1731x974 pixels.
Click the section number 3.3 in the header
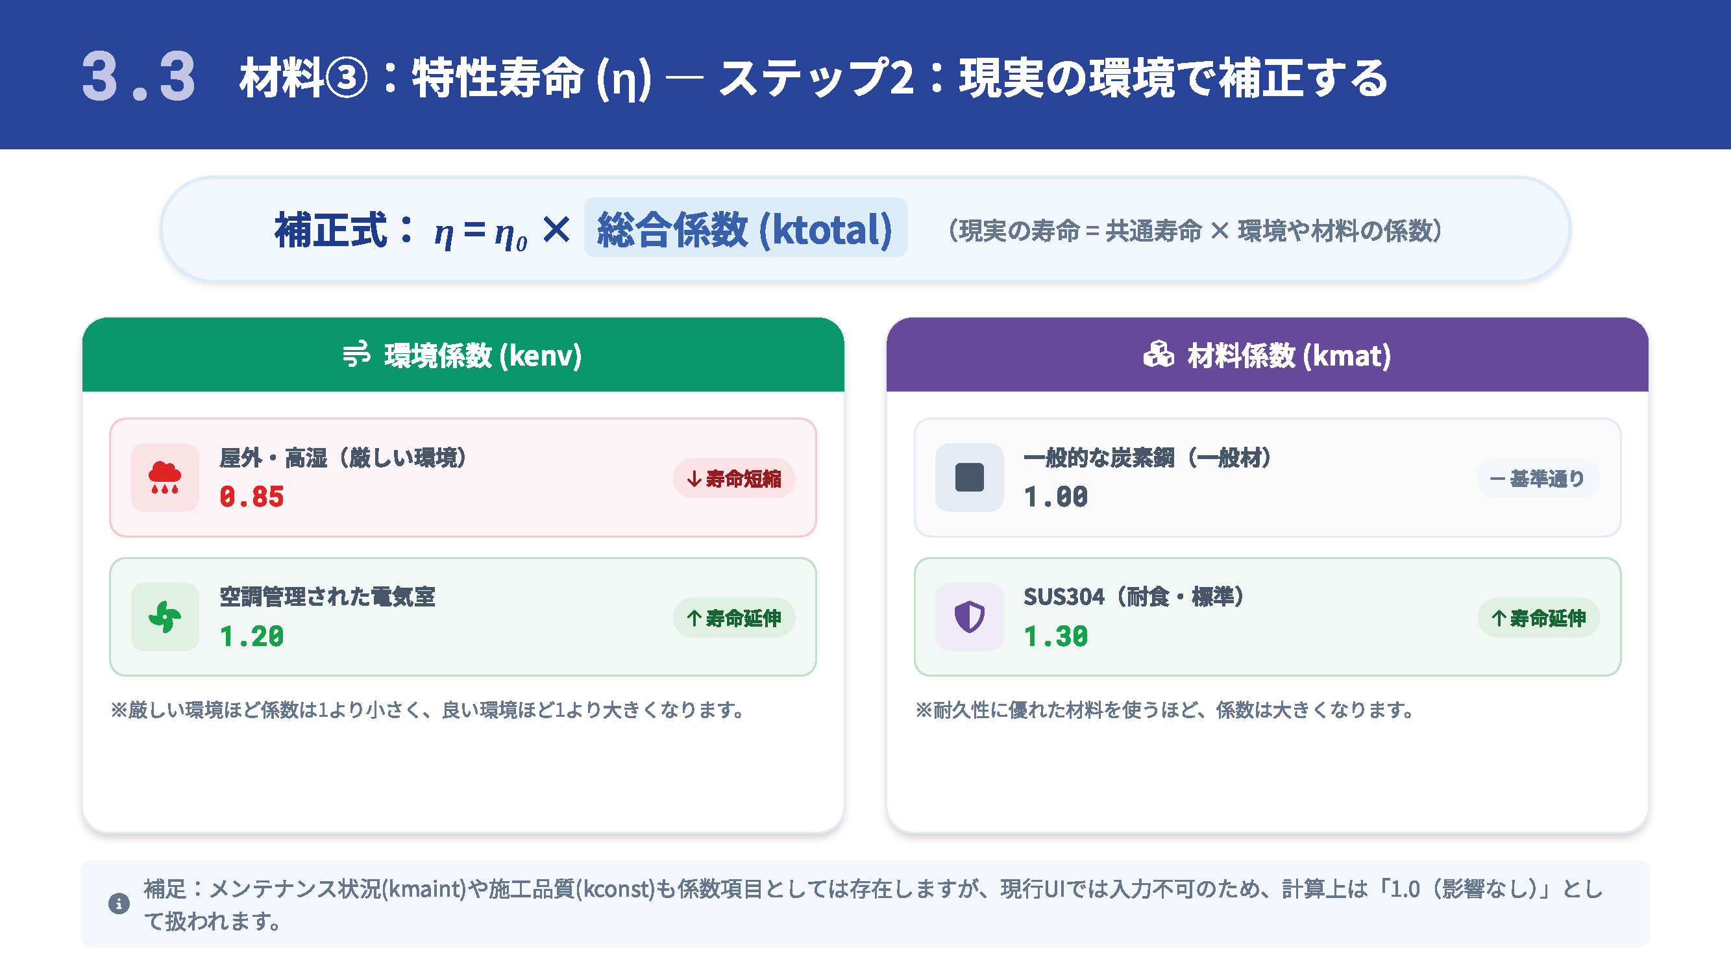[138, 77]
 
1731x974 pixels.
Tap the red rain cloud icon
[165, 477]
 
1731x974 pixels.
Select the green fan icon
[165, 616]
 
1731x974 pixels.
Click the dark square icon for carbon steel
[969, 477]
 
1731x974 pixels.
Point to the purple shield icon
[969, 616]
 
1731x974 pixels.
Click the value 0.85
[252, 497]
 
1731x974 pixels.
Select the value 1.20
[252, 636]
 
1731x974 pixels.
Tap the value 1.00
[1055, 497]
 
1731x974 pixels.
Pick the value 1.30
[1055, 636]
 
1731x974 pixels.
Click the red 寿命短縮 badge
[734, 479]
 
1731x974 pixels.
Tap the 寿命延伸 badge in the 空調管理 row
[734, 618]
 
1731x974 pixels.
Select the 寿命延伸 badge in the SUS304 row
[1538, 618]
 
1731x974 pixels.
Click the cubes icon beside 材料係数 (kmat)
[1159, 355]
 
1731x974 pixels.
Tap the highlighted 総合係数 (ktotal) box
[745, 229]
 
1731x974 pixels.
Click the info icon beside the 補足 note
[119, 903]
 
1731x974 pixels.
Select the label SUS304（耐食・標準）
[1134, 596]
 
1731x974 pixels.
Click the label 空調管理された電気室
[327, 596]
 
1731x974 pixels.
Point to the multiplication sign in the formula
[556, 230]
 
